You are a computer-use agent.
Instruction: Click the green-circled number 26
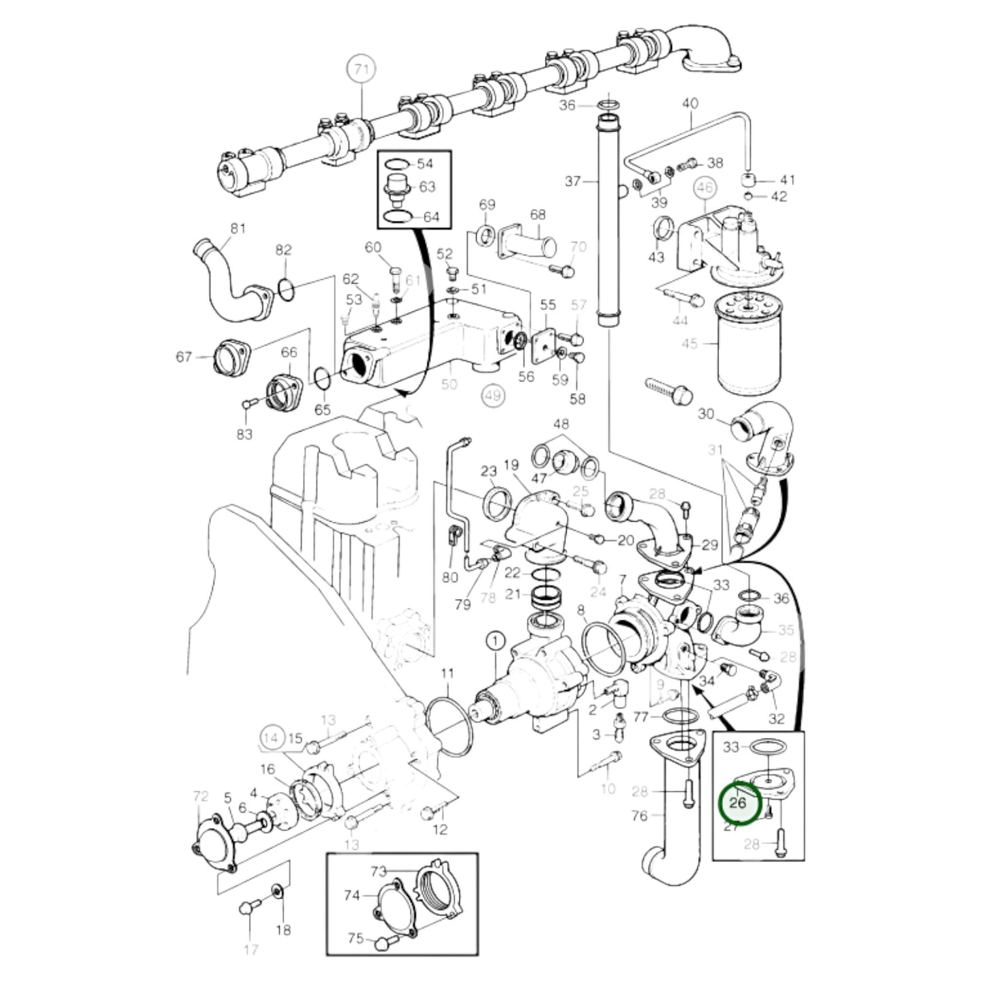(x=737, y=802)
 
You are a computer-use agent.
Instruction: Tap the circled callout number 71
(x=360, y=70)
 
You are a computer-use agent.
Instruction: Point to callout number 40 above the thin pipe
(x=690, y=104)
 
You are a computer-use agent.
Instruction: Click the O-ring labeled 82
(x=286, y=291)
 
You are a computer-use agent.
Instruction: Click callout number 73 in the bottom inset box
(x=378, y=871)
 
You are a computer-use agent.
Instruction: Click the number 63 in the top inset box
(x=427, y=187)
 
